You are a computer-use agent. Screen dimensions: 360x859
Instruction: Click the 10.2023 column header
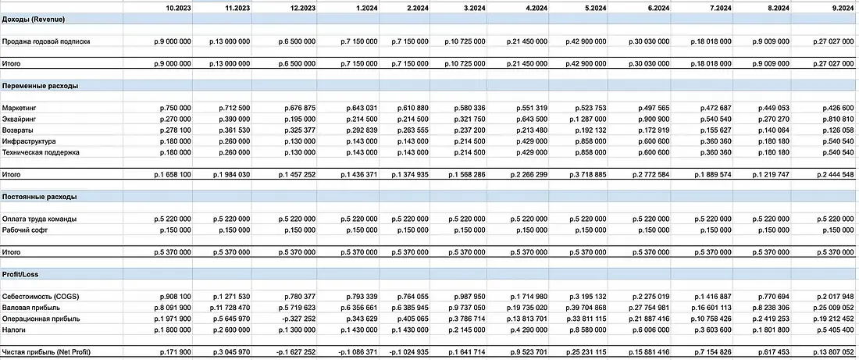pos(179,7)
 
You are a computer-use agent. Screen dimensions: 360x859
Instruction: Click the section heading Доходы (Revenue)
pos(34,18)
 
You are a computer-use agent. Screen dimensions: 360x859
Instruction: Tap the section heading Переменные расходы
pos(41,85)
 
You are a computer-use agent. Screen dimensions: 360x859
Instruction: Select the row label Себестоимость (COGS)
pos(41,297)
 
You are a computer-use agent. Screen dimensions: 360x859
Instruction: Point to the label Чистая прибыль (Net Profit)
pos(46,354)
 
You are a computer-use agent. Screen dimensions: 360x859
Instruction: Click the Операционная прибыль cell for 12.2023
pos(297,319)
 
